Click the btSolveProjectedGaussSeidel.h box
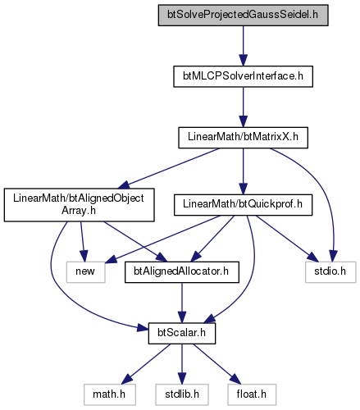(x=243, y=16)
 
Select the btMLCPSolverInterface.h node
(x=243, y=76)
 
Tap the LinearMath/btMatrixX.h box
(x=243, y=138)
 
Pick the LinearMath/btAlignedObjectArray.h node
(x=79, y=205)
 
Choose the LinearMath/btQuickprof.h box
(x=243, y=205)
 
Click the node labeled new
(x=85, y=272)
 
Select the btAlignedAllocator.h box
(x=182, y=272)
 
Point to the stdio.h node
(x=330, y=272)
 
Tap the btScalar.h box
(x=182, y=334)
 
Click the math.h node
(x=110, y=394)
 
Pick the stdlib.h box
(x=182, y=394)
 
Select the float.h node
(x=252, y=394)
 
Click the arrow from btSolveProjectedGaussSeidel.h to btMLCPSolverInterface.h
(x=243, y=46)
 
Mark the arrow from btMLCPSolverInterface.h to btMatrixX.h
(x=243, y=107)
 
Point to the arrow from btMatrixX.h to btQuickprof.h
(x=243, y=171)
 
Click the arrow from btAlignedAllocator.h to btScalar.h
(x=182, y=303)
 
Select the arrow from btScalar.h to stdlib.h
(x=182, y=364)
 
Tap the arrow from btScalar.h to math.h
(x=146, y=364)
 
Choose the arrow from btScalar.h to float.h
(x=217, y=364)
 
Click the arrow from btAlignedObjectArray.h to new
(x=82, y=241)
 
